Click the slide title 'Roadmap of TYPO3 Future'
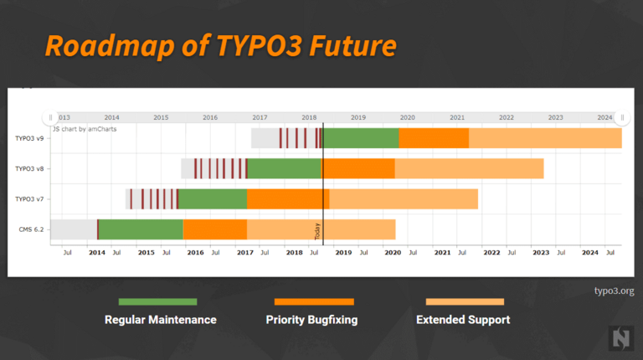point(219,45)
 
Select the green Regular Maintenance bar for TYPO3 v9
point(361,138)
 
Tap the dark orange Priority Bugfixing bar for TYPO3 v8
point(358,168)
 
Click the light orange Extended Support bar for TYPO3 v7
point(404,199)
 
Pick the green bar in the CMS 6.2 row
point(141,229)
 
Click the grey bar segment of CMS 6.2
point(74,229)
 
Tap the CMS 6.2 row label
point(32,229)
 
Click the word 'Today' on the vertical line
point(318,232)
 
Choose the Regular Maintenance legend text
point(160,320)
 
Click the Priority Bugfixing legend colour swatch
point(314,301)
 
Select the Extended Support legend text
point(463,320)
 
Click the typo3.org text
point(614,291)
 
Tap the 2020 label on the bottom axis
point(393,252)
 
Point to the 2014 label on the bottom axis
point(97,252)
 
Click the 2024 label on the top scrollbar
point(604,118)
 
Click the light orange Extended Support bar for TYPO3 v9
point(545,138)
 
